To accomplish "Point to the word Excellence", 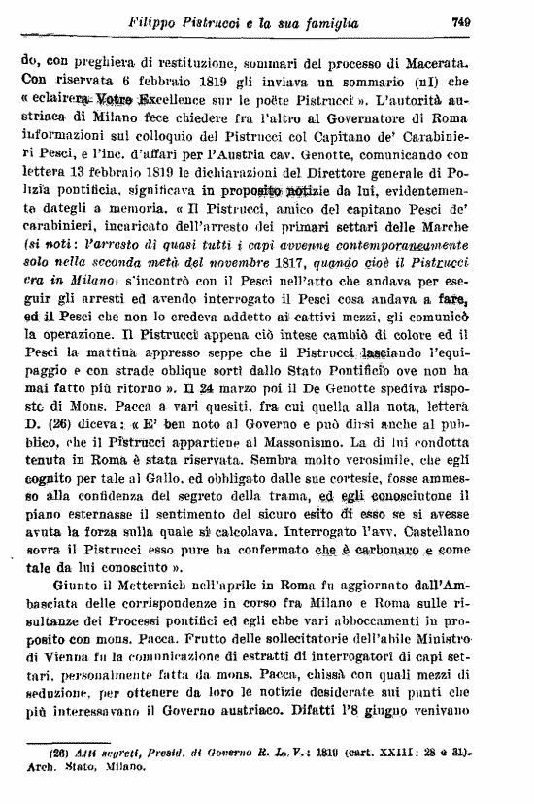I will (181, 100).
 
